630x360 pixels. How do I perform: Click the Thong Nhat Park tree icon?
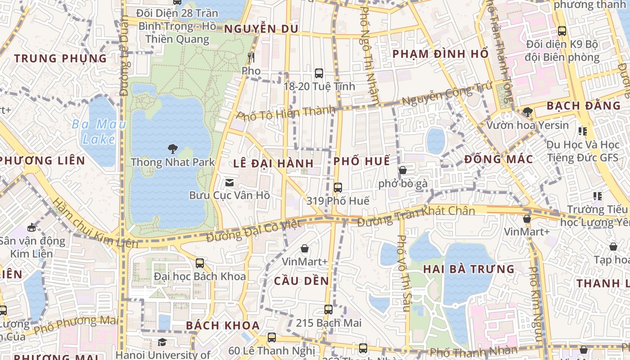172,149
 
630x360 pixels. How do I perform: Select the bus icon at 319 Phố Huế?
338,188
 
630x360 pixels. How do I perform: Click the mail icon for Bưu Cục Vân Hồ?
229,183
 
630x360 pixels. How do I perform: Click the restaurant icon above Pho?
251,58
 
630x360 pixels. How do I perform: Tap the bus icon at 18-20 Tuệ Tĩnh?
319,73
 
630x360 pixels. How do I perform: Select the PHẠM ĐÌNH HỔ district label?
440,54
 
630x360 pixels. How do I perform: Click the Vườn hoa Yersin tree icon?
528,112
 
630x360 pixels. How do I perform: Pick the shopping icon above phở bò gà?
403,171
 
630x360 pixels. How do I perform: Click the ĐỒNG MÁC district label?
499,159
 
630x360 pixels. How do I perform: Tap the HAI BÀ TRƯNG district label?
468,269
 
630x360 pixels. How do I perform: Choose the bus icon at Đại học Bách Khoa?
200,263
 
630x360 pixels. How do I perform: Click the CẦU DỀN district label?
301,281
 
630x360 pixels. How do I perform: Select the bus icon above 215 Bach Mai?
328,310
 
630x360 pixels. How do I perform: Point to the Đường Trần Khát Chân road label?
416,216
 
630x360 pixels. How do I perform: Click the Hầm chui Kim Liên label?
95,224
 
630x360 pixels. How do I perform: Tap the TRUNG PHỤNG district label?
60,58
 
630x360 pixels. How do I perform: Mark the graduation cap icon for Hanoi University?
162,342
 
